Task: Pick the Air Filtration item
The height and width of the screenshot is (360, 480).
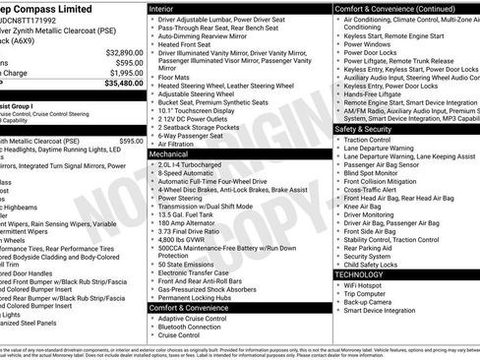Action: pyautogui.click(x=183, y=144)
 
